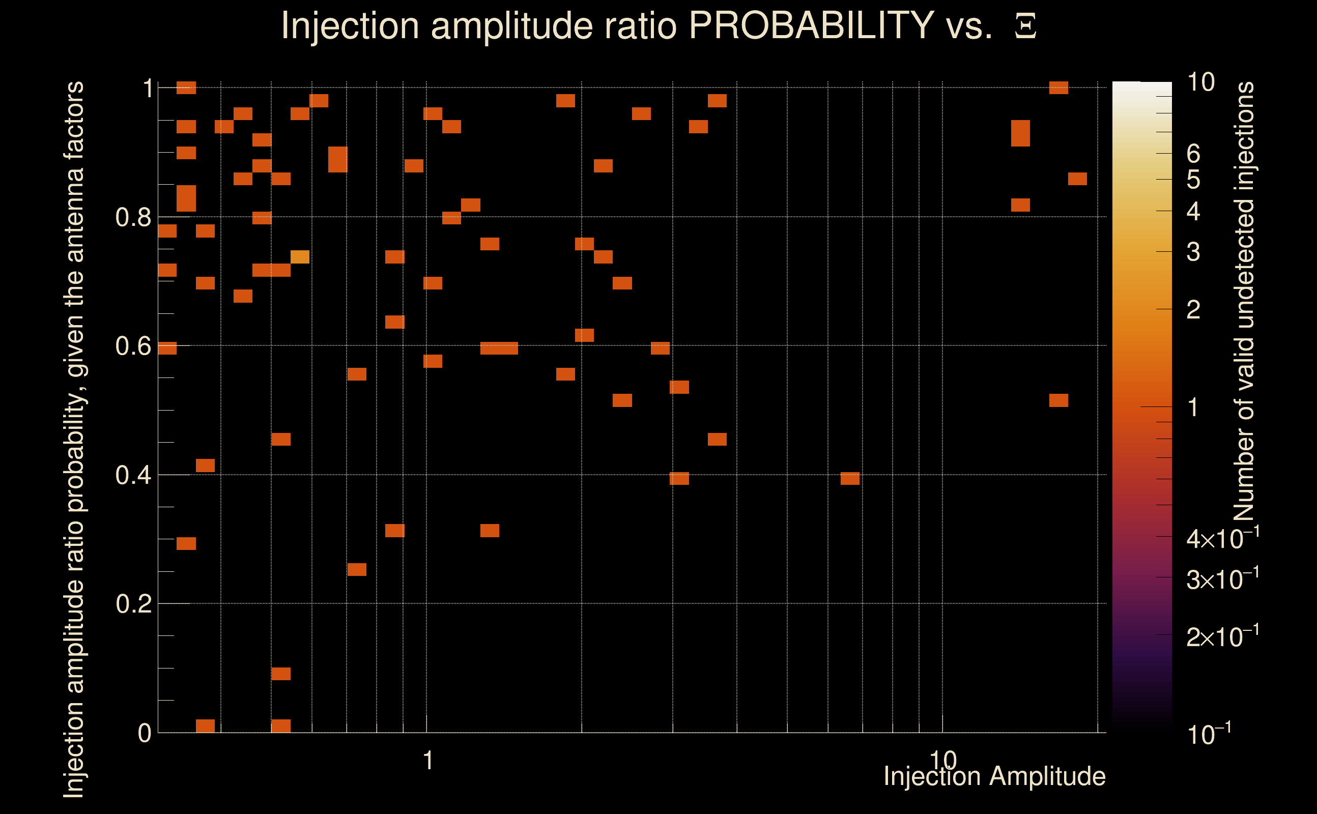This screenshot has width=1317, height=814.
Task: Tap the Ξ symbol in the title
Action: [x=1025, y=27]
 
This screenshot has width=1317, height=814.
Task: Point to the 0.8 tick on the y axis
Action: [x=133, y=218]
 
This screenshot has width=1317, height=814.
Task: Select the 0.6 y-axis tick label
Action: [x=133, y=346]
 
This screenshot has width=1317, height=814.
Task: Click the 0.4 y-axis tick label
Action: [x=133, y=475]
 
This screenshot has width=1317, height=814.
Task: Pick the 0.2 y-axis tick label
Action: [x=133, y=604]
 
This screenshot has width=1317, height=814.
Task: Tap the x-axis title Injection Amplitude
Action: [x=994, y=776]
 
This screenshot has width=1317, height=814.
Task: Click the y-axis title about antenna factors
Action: [x=74, y=439]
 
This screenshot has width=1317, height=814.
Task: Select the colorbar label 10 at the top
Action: [x=1200, y=82]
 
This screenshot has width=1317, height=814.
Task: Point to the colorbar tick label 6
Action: [x=1193, y=154]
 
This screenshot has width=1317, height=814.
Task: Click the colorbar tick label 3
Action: [x=1193, y=252]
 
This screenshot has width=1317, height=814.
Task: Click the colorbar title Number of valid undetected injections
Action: [x=1244, y=302]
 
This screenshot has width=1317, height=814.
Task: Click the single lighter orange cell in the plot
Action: [x=300, y=257]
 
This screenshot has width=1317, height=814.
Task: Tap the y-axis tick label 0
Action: [x=145, y=733]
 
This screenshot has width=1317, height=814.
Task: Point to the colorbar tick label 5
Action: [x=1193, y=180]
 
